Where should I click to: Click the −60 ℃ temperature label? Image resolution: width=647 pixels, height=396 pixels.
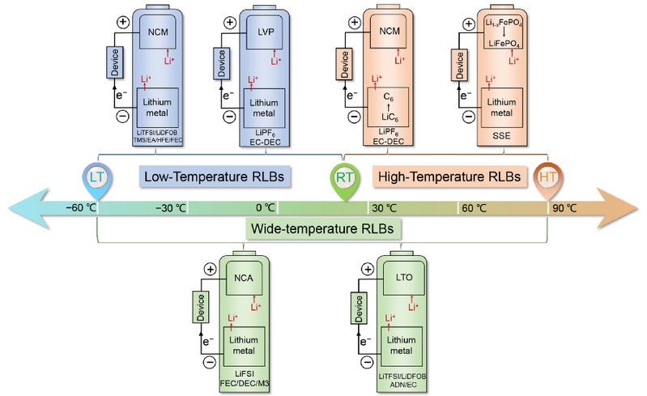[82, 207]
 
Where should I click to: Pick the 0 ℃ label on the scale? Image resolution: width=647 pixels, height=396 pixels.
[266, 207]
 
